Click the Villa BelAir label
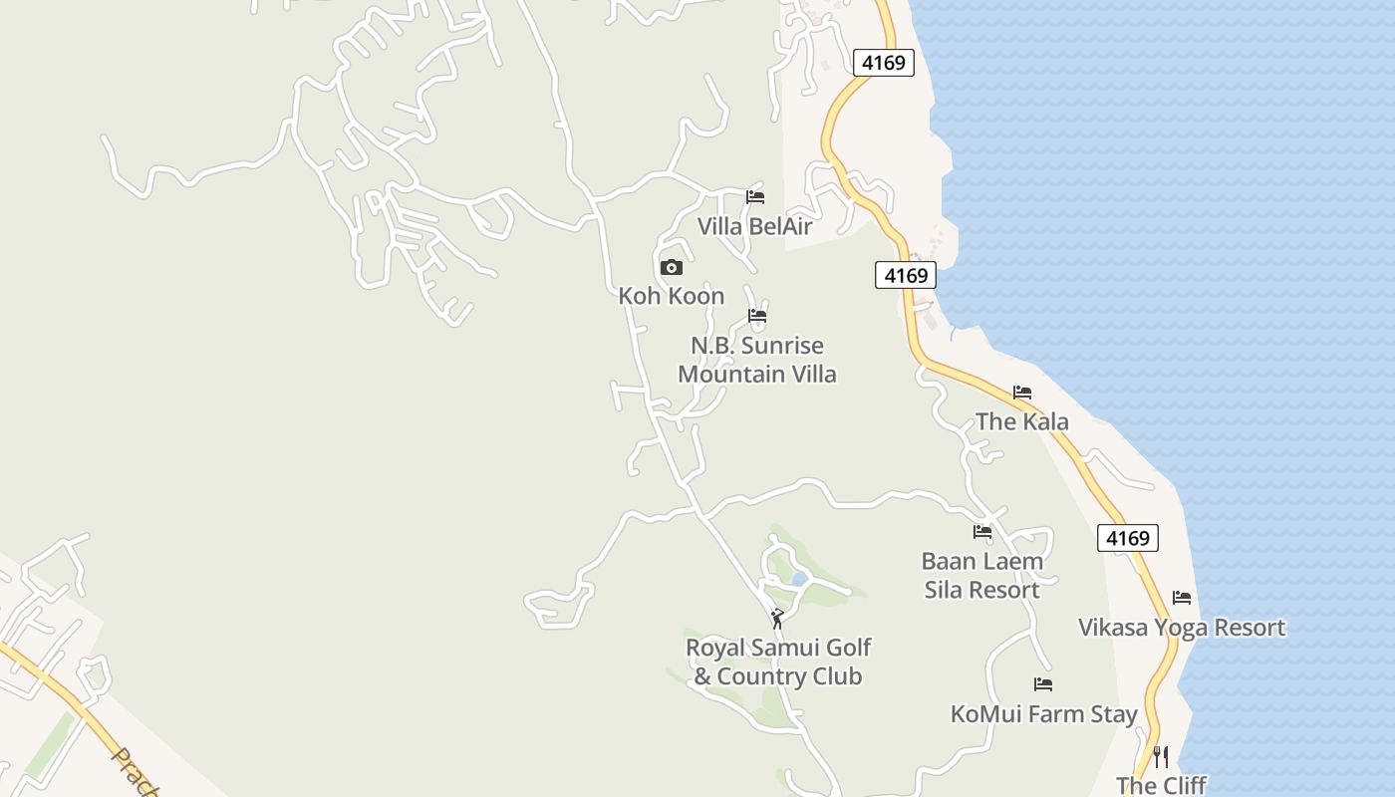[754, 226]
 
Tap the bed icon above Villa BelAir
[755, 197]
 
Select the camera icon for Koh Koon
[672, 267]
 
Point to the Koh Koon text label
[672, 296]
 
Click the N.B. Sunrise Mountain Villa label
[757, 360]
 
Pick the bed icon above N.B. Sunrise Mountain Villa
[757, 317]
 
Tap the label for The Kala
[1022, 421]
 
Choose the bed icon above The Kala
[1022, 393]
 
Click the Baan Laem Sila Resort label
[982, 575]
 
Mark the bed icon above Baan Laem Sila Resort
[982, 532]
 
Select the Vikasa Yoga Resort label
[1182, 628]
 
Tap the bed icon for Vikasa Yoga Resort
[1182, 598]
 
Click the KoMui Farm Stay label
[1043, 714]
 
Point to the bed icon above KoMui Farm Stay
[1043, 684]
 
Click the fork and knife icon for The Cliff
[1160, 757]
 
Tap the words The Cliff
[1161, 785]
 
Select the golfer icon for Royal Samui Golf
[777, 619]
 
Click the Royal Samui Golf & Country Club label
[778, 663]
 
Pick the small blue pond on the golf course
[798, 578]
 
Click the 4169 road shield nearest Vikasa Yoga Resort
[1129, 538]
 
